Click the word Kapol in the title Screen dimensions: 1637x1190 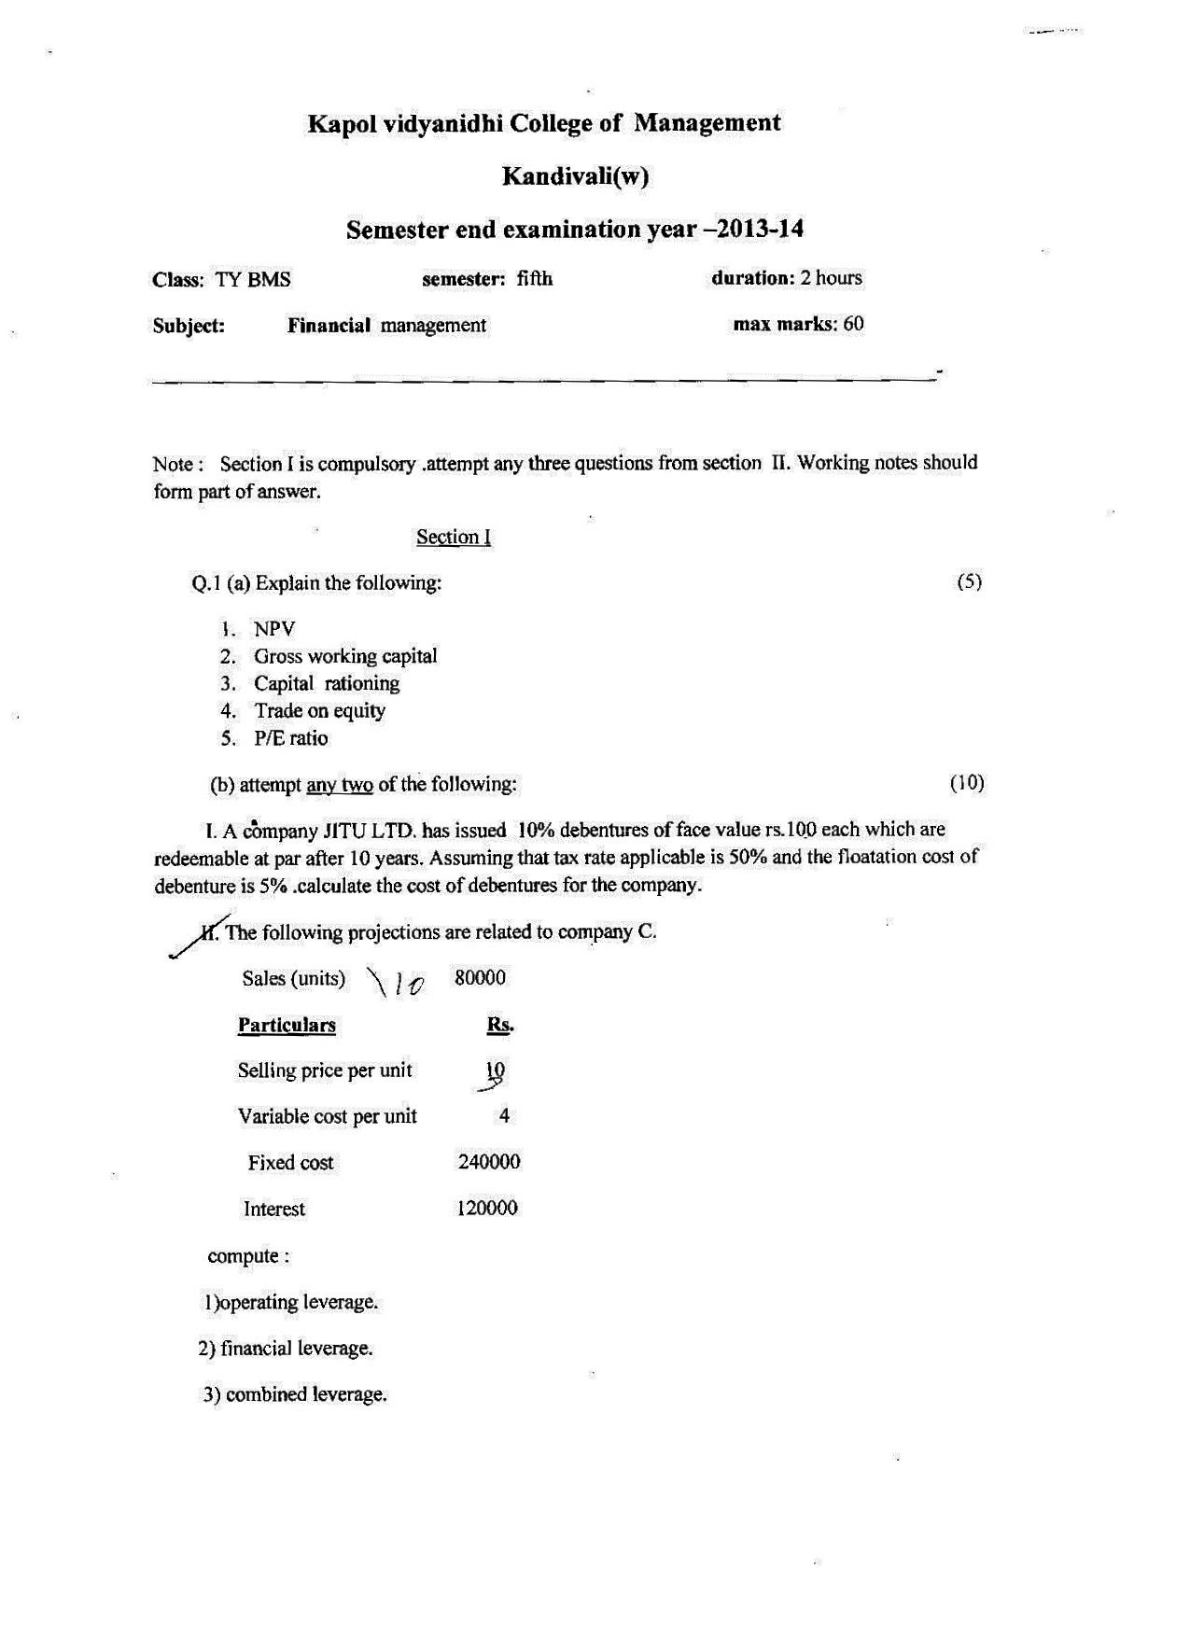(343, 124)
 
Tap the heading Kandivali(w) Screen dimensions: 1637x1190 (575, 176)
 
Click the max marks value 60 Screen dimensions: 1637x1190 (853, 325)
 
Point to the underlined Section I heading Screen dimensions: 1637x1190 (454, 538)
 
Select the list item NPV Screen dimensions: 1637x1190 (273, 630)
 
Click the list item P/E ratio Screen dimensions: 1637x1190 (290, 738)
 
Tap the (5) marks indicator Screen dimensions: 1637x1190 (970, 582)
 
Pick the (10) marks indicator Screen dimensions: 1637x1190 (967, 783)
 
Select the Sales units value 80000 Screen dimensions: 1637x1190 (480, 978)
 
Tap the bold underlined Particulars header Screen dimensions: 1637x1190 (287, 1026)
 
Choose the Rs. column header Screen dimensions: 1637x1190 (500, 1026)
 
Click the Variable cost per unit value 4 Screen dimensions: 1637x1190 (504, 1116)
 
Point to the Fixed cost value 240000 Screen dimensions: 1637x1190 (489, 1163)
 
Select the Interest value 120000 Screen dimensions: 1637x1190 (487, 1209)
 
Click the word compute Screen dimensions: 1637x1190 (244, 1257)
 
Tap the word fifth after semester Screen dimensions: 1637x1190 (535, 279)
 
